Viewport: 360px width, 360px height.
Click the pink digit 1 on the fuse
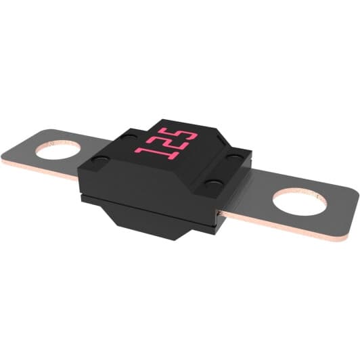click(x=144, y=144)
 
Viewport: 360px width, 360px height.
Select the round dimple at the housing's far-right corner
click(x=235, y=158)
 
